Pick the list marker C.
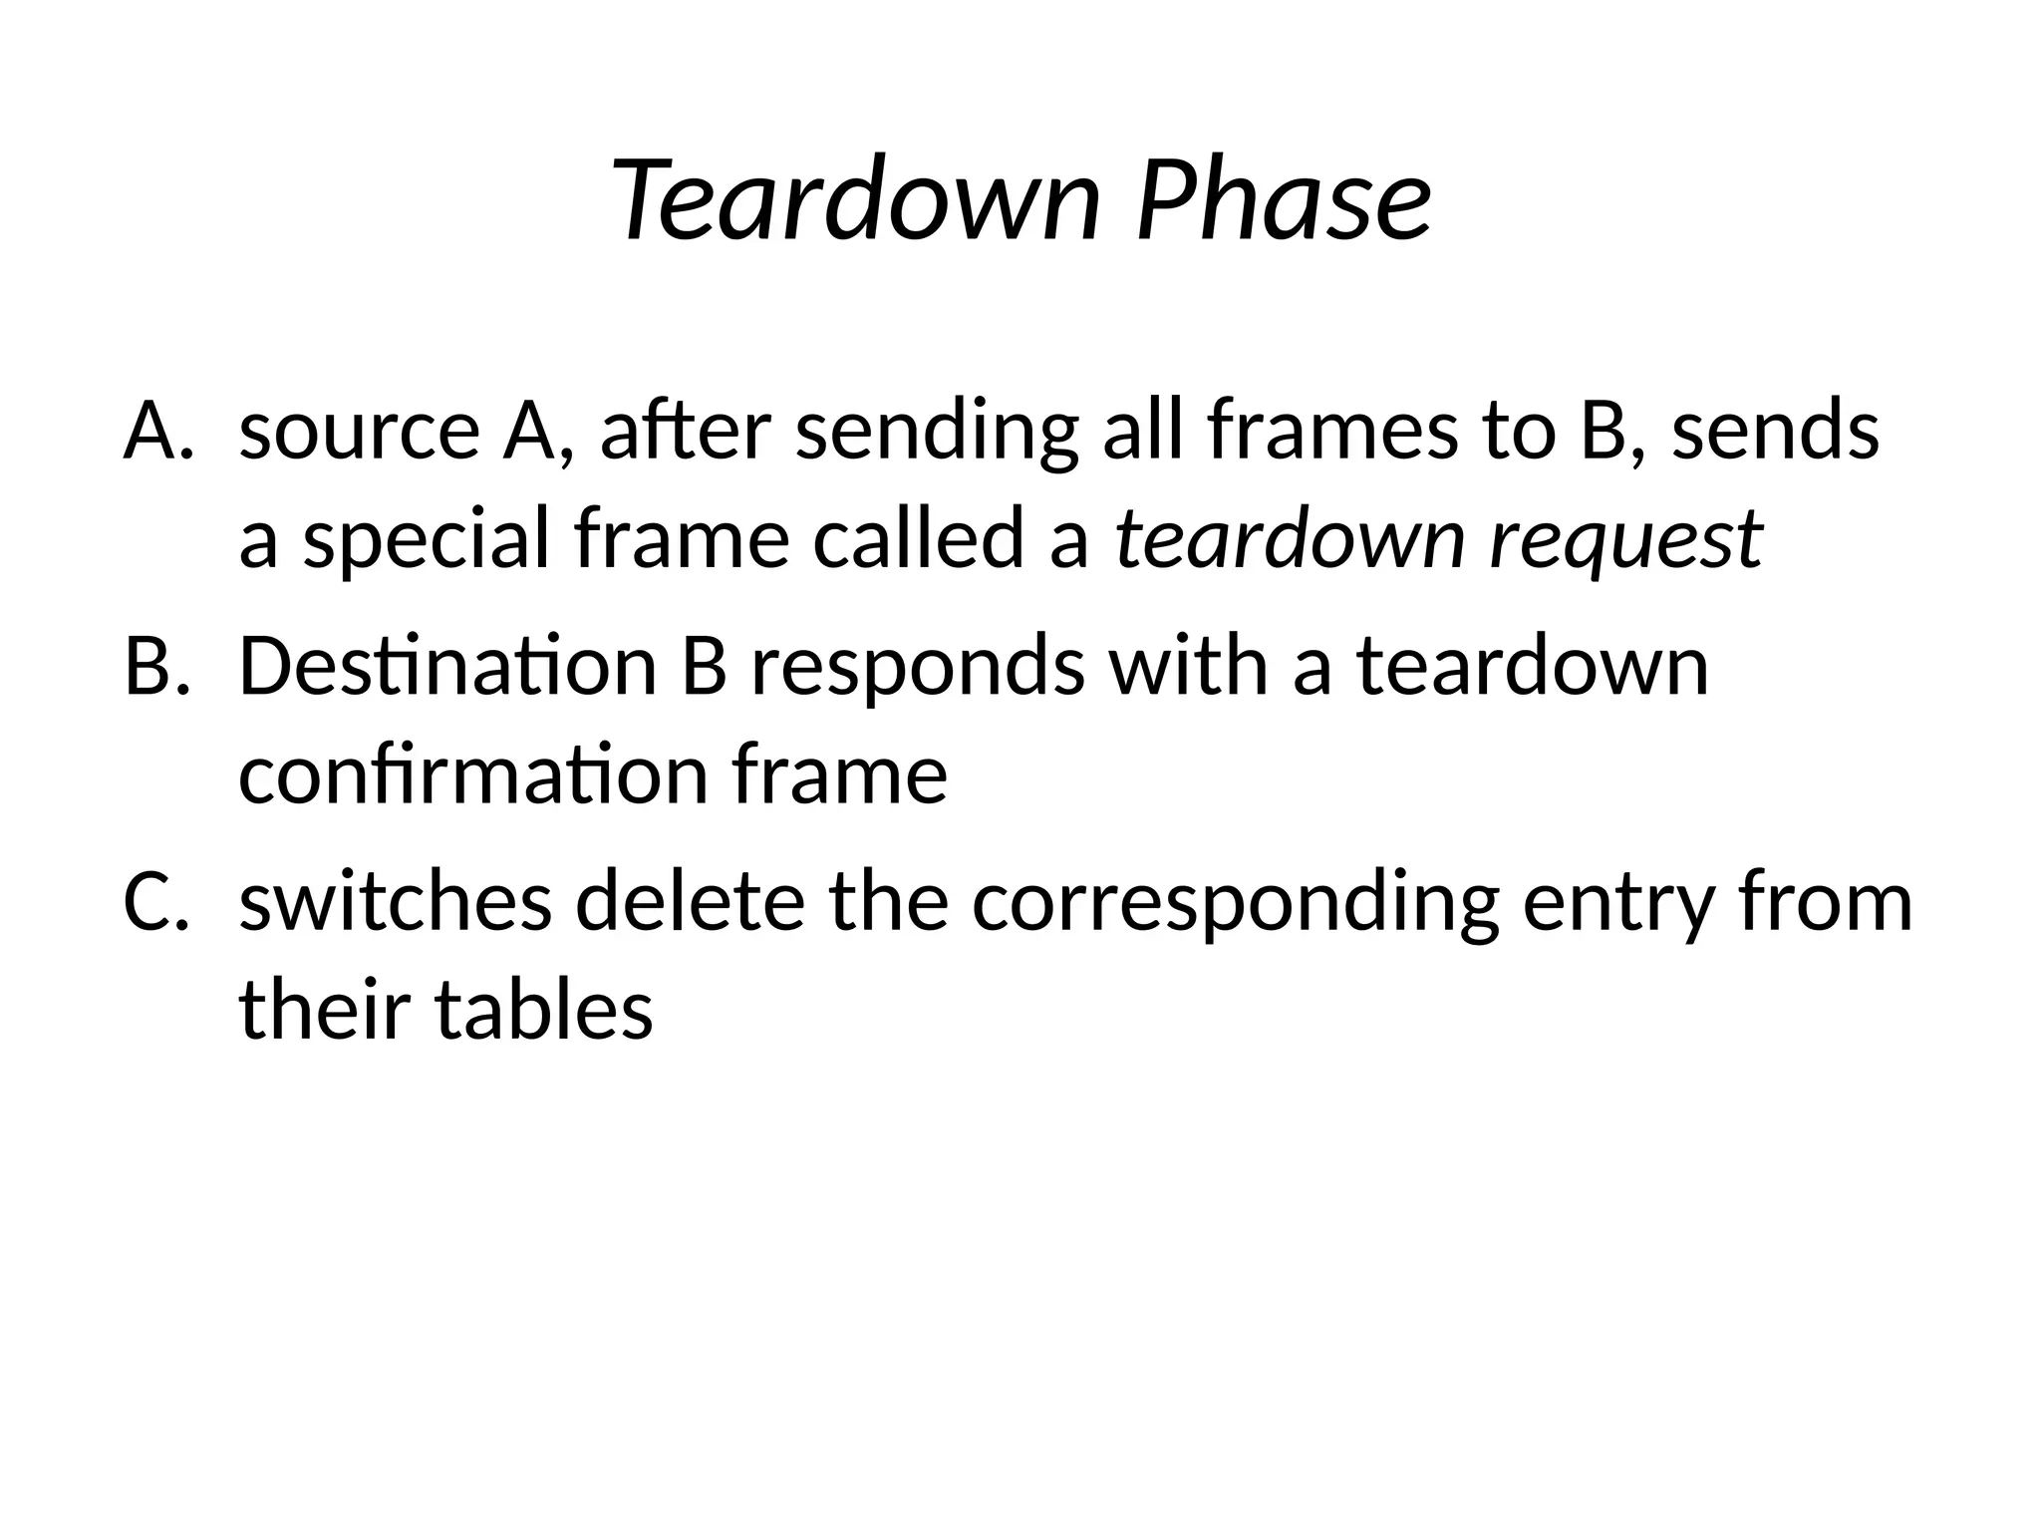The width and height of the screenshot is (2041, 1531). point(155,901)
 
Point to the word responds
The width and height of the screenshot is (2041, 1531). point(918,668)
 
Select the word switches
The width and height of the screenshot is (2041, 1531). point(396,901)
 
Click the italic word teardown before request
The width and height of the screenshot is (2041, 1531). point(1291,540)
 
